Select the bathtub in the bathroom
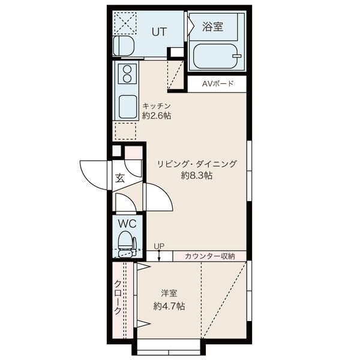(x=217, y=55)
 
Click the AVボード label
(x=217, y=84)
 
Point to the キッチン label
(x=157, y=105)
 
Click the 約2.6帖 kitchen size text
(x=157, y=116)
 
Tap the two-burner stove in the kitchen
(x=127, y=74)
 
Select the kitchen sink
(x=128, y=107)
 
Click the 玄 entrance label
(x=119, y=178)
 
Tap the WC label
(x=126, y=223)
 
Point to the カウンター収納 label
(x=209, y=256)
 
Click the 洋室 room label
(x=169, y=293)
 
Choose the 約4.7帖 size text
(x=169, y=306)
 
